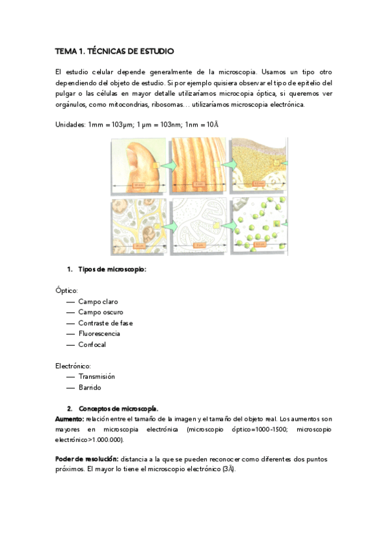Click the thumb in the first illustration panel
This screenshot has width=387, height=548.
coord(140,165)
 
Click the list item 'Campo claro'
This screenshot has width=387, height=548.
coord(98,301)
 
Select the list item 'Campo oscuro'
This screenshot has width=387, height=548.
coord(101,312)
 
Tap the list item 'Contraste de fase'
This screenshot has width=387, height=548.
coord(105,322)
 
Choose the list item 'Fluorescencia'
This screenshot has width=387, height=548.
coord(99,333)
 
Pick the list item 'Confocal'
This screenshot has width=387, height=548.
coord(92,344)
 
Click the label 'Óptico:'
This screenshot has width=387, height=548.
coord(67,290)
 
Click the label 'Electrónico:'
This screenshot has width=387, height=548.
coord(73,366)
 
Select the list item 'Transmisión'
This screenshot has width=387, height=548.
coord(96,376)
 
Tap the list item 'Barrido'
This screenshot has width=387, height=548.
coord(90,388)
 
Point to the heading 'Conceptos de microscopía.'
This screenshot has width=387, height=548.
coord(118,409)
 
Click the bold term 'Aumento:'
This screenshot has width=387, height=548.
coord(70,419)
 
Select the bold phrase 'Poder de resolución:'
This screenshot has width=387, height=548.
coord(87,458)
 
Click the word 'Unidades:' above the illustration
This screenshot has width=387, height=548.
coord(70,123)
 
